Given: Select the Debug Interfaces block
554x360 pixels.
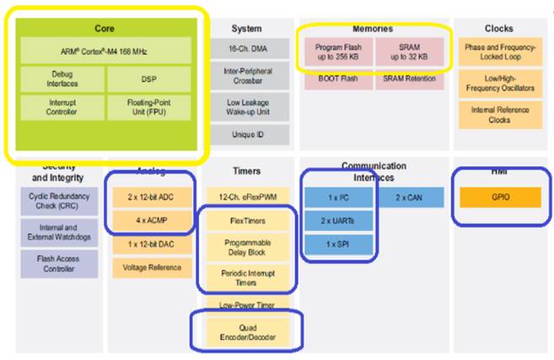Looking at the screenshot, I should point(62,78).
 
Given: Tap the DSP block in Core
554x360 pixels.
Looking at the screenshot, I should point(148,78).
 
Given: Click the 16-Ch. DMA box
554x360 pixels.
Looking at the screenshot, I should point(246,51).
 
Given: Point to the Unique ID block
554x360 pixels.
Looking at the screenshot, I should point(246,135).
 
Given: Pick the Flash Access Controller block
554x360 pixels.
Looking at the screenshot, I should point(59,263).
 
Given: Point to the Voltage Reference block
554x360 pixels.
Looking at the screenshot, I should point(153,268).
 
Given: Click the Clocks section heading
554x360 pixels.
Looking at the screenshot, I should point(499,28).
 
